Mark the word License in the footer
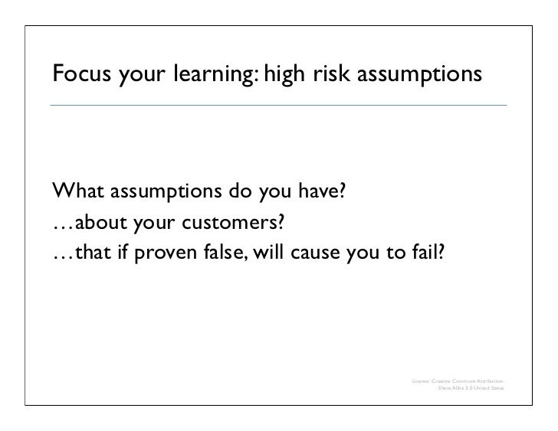click(421, 380)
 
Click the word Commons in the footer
click(465, 380)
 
